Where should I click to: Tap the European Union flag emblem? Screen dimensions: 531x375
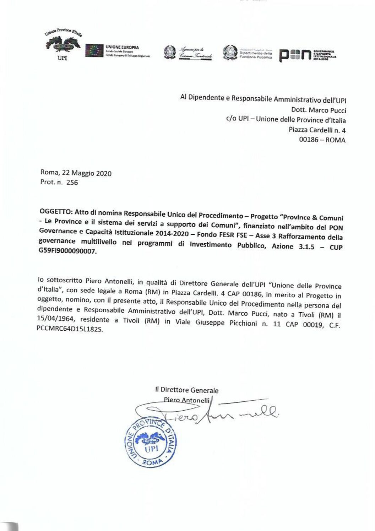click(x=94, y=51)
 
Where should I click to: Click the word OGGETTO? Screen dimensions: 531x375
click(x=56, y=212)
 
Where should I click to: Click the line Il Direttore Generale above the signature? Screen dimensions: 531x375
click(x=187, y=390)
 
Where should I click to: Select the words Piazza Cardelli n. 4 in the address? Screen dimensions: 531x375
click(x=317, y=130)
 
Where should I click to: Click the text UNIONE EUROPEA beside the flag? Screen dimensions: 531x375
click(x=122, y=47)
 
